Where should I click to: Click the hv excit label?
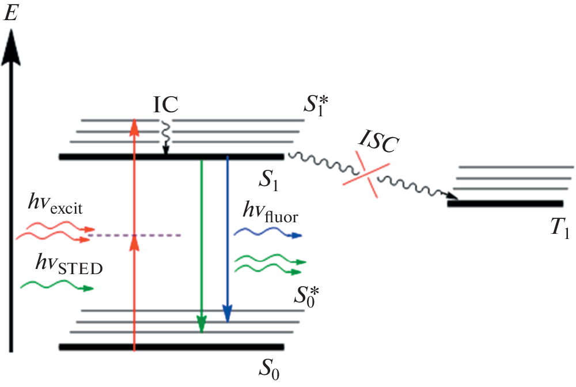coord(56,206)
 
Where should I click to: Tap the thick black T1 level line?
coord(505,203)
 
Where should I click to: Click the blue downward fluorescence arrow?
coord(228,242)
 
